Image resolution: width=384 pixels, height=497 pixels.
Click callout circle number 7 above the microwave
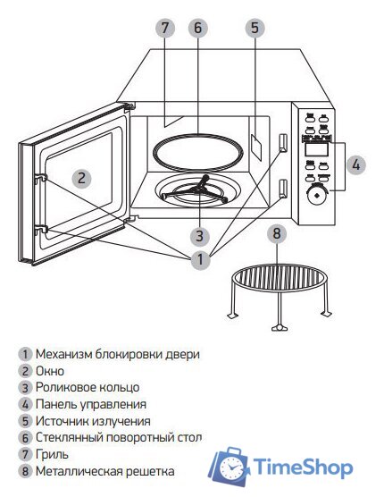(x=164, y=28)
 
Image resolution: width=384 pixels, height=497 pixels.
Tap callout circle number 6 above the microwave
(x=198, y=28)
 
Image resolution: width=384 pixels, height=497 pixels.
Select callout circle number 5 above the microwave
(x=255, y=28)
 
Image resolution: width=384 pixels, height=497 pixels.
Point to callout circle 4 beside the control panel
(x=355, y=164)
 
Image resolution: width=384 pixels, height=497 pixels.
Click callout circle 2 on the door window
(x=80, y=177)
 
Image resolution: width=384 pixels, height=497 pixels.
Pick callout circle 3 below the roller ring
(x=201, y=237)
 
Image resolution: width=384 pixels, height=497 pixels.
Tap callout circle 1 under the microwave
(x=201, y=260)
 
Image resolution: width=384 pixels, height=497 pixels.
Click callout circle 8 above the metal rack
(x=278, y=234)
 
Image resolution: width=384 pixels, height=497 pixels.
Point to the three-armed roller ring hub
(x=201, y=190)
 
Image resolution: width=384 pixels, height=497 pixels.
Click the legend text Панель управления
(x=92, y=403)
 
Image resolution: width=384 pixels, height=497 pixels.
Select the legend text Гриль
(x=52, y=453)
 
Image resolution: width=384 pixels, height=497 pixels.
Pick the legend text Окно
(x=50, y=370)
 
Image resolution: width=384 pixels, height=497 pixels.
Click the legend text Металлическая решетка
(x=105, y=470)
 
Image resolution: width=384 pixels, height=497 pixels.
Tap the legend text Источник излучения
(x=93, y=420)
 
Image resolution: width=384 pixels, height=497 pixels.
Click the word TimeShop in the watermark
(x=304, y=467)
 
